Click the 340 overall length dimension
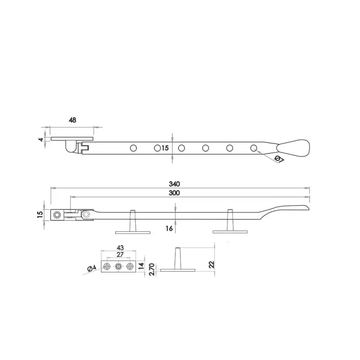(x=174, y=184)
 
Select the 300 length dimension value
(x=174, y=193)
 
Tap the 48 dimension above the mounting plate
(x=73, y=120)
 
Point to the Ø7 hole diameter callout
(x=279, y=159)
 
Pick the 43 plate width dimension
(x=120, y=247)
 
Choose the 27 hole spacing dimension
(x=120, y=255)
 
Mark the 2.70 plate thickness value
(x=152, y=269)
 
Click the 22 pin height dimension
(x=211, y=264)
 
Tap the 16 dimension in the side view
(x=169, y=228)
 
